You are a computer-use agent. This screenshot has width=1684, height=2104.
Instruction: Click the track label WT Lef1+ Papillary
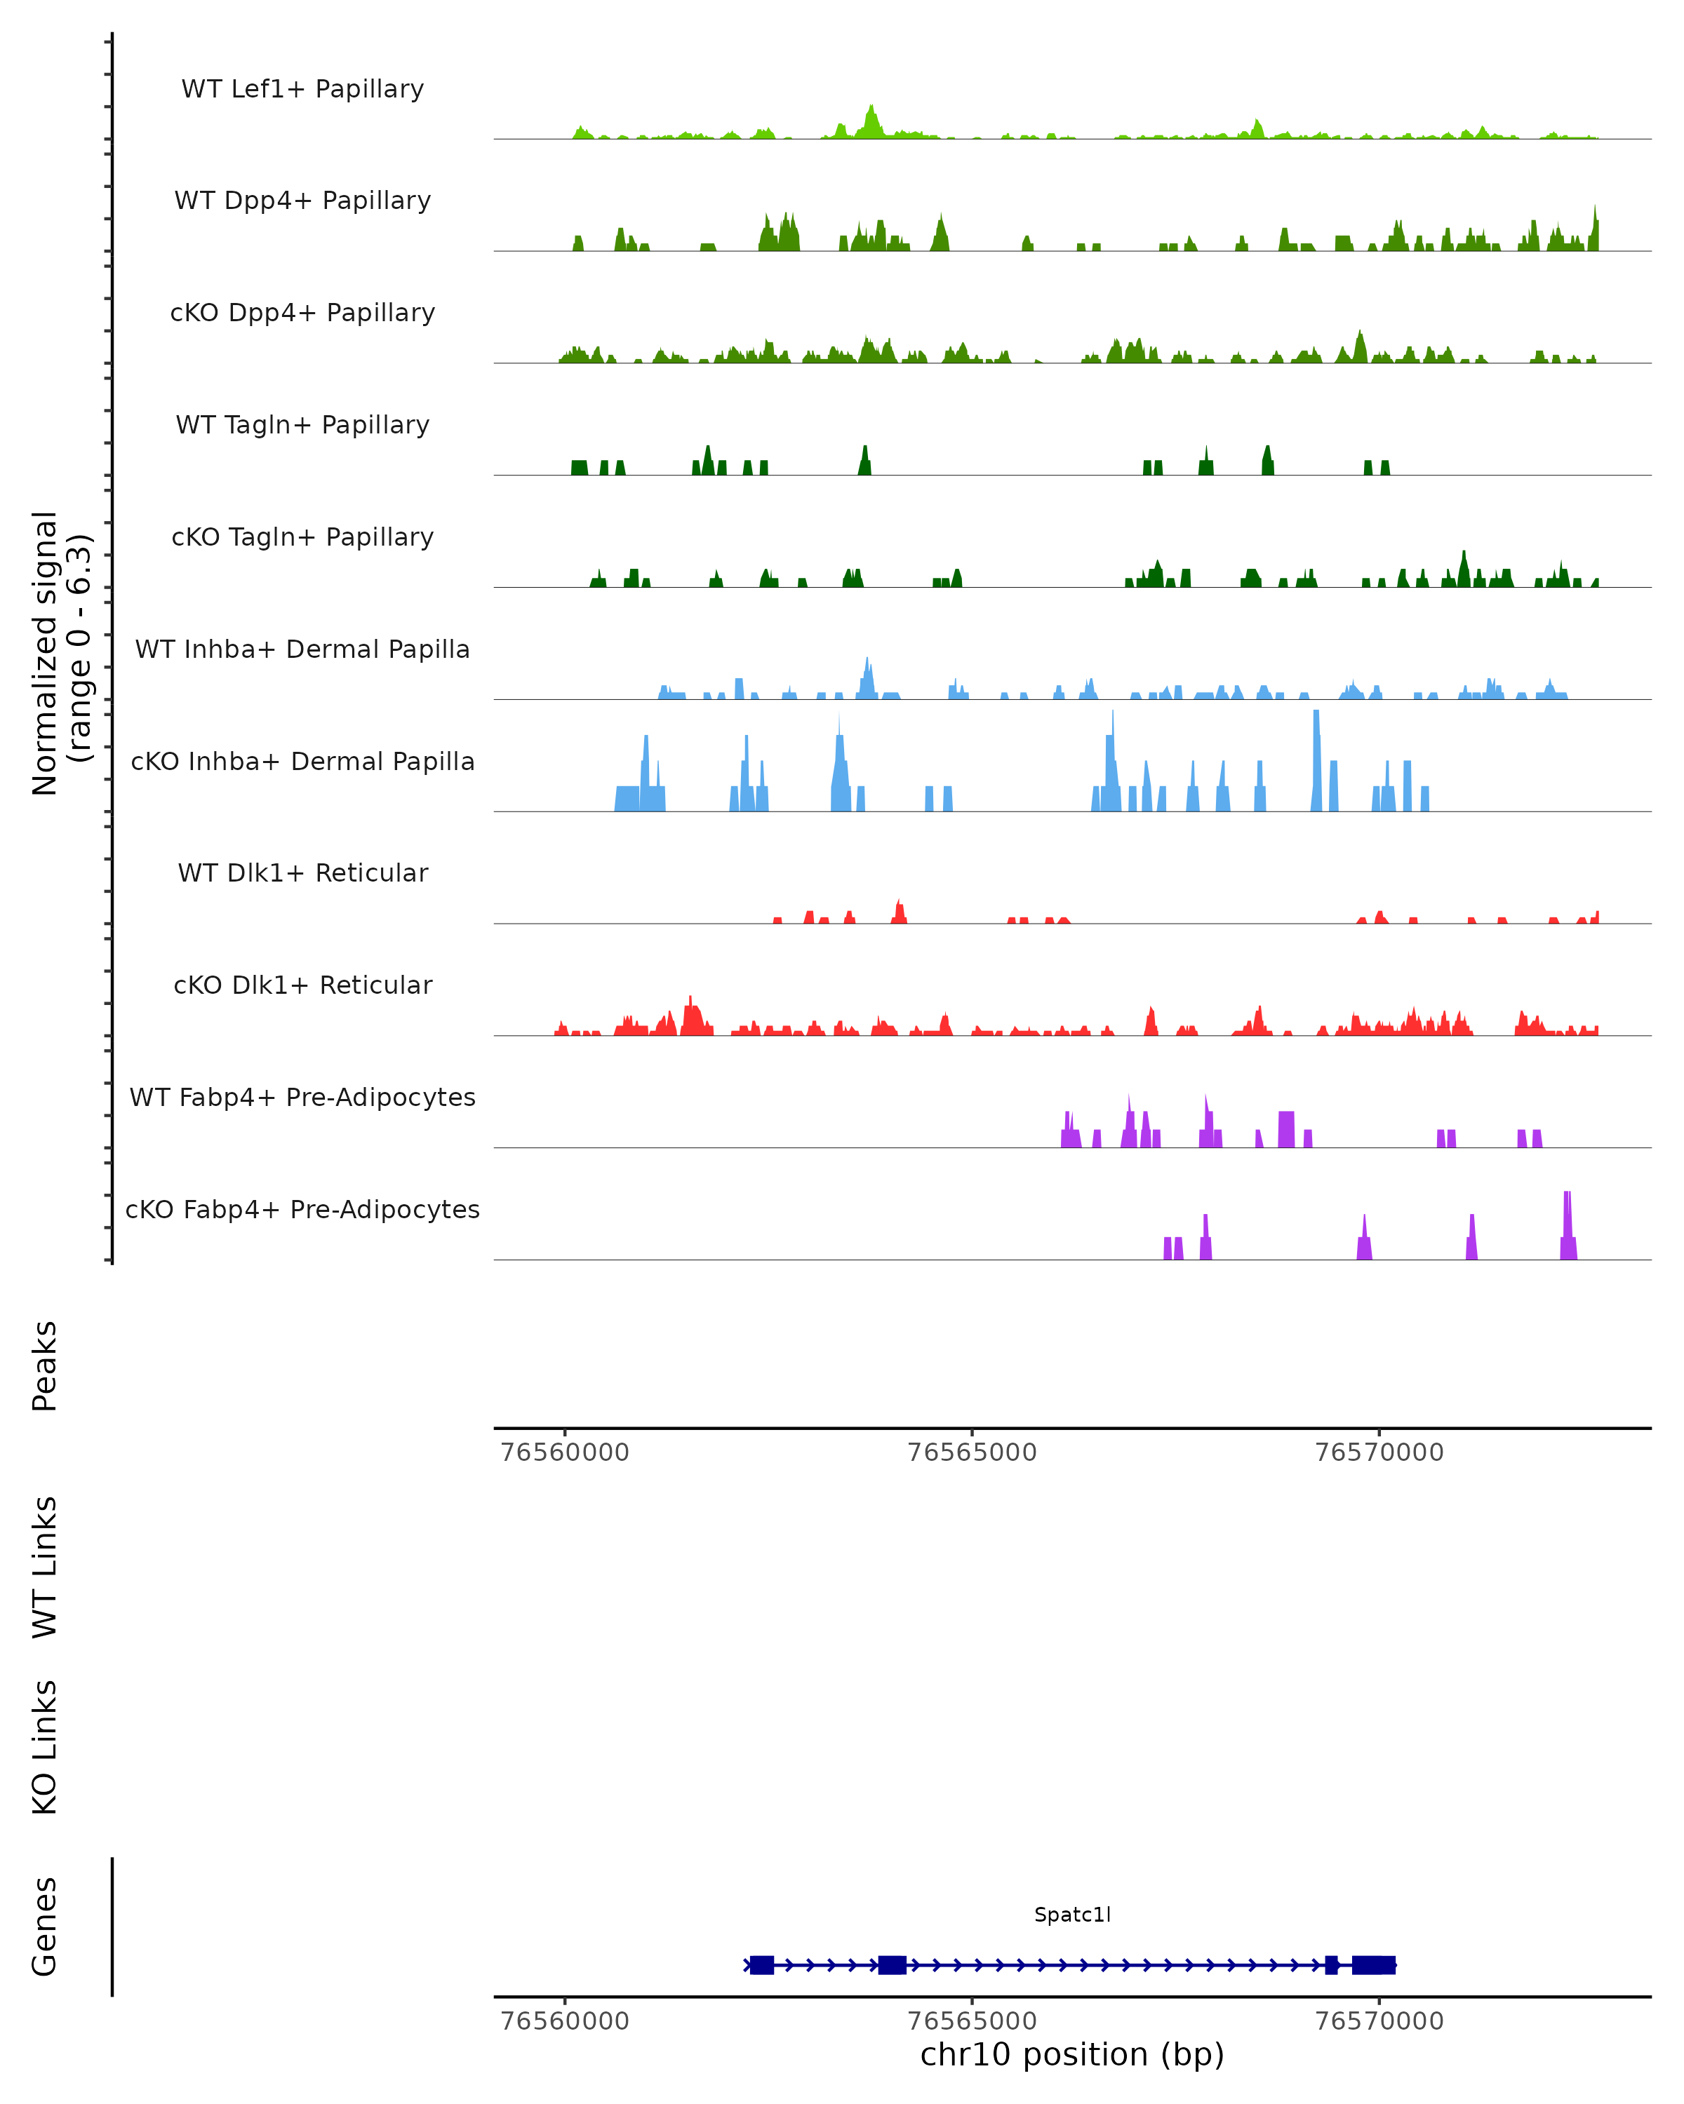[x=302, y=89]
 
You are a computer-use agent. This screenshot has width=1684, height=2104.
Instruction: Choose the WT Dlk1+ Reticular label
[x=302, y=872]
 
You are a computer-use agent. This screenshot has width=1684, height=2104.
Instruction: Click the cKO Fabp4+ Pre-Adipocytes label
[x=302, y=1209]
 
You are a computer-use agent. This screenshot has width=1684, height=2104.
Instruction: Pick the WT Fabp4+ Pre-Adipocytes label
[x=302, y=1097]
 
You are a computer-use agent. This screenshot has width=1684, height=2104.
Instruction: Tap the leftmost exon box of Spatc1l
[x=761, y=1964]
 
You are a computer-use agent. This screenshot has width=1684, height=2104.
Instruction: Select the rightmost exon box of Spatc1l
[x=1374, y=1964]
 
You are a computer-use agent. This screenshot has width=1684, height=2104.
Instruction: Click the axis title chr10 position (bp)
[x=1072, y=2054]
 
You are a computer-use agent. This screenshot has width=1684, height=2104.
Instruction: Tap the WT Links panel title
[x=45, y=1566]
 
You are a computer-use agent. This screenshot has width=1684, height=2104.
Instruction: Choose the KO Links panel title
[x=45, y=1747]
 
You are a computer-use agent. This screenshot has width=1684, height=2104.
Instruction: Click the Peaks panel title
[x=45, y=1365]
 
